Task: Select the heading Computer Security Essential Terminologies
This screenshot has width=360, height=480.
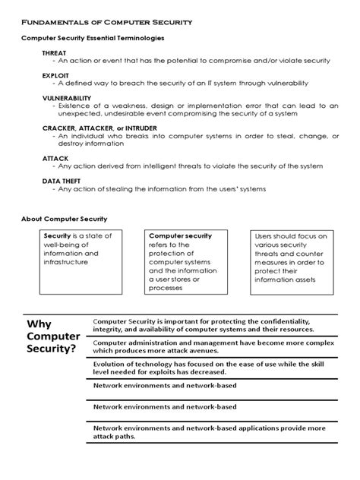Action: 93,38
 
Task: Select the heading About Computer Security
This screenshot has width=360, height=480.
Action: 65,219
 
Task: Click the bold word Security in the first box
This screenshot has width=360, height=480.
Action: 58,236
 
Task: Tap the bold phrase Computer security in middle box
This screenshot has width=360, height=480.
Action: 179,236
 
